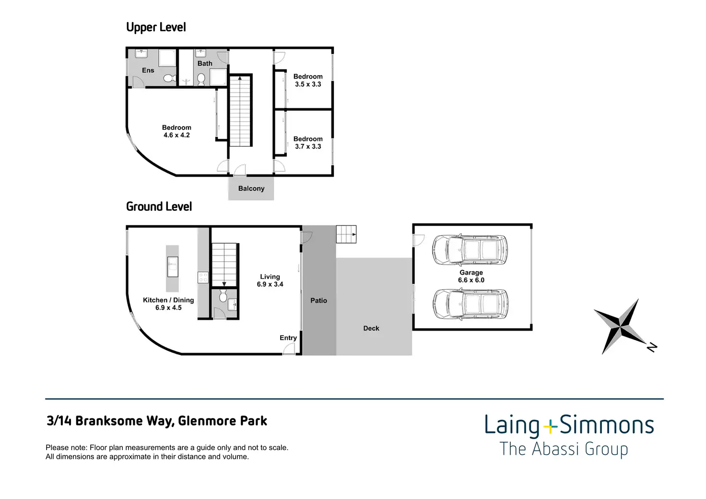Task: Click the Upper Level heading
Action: tap(156, 28)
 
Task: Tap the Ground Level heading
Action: tap(159, 207)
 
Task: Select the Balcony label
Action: tap(251, 189)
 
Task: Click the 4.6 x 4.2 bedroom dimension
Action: tap(176, 135)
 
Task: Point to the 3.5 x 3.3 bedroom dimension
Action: tap(308, 84)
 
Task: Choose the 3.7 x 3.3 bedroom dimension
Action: tap(308, 147)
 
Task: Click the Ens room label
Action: tap(148, 70)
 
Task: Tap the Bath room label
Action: tap(205, 63)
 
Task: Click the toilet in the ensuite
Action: tap(168, 78)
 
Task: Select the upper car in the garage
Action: tap(469, 249)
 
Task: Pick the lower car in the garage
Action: tap(469, 304)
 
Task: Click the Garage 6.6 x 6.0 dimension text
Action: tap(471, 280)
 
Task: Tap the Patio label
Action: tap(318, 301)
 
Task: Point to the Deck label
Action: tap(371, 328)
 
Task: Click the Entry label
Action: tap(288, 338)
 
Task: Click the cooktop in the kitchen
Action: tap(203, 278)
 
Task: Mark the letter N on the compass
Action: tap(651, 347)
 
